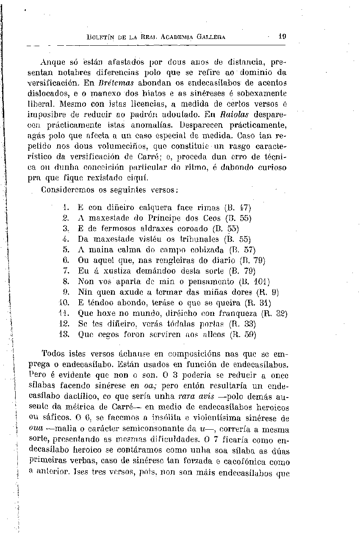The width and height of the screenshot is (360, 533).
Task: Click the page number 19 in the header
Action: (x=282, y=36)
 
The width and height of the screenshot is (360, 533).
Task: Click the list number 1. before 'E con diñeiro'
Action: (x=66, y=208)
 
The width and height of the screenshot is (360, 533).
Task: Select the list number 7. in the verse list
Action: (x=66, y=271)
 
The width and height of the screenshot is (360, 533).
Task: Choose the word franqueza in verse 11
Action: (x=238, y=314)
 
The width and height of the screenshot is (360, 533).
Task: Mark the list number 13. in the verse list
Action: (x=64, y=334)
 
